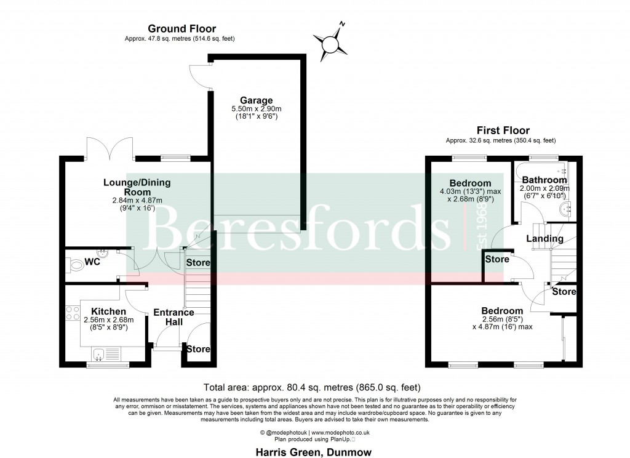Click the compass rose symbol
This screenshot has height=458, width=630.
click(331, 41)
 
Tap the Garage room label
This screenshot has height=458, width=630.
click(257, 100)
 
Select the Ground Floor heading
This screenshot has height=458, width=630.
click(181, 28)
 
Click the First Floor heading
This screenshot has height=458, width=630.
click(503, 131)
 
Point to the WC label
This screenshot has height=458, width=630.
click(92, 262)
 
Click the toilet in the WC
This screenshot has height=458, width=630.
click(76, 265)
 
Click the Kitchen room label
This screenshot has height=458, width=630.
click(108, 311)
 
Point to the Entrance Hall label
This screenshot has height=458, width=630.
click(173, 317)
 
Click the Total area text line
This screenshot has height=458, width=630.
click(312, 388)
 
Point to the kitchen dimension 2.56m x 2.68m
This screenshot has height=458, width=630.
click(108, 319)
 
